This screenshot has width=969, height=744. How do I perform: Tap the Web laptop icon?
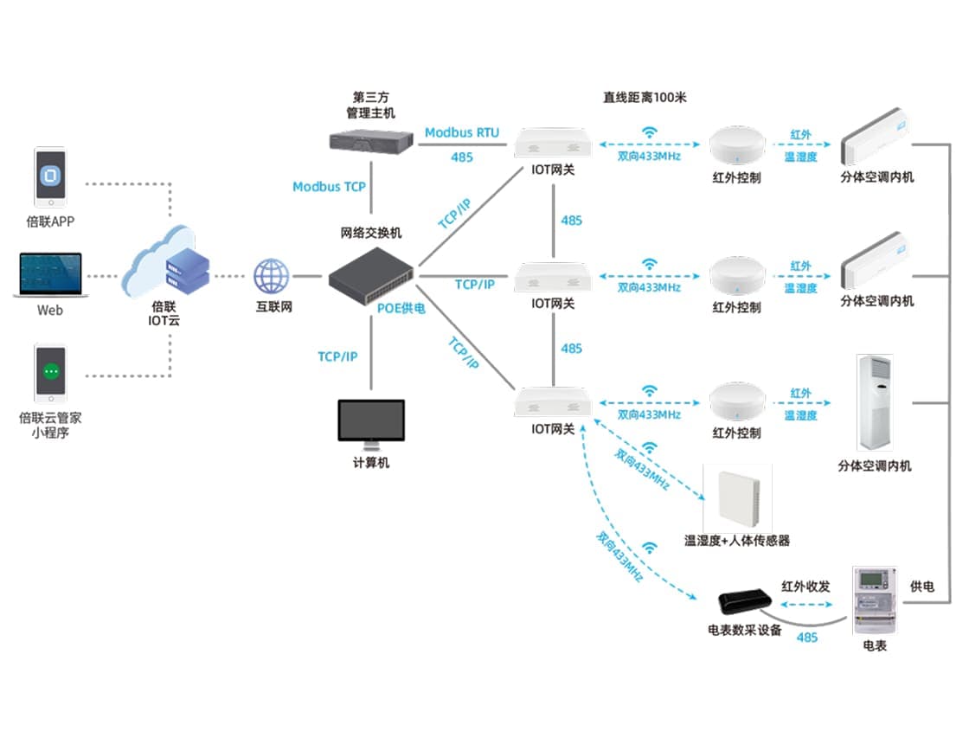pos(49,275)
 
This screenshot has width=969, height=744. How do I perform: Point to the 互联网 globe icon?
pos(271,277)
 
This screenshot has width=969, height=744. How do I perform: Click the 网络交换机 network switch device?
pos(370,270)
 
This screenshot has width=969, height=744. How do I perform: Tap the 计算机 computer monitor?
pos(371,423)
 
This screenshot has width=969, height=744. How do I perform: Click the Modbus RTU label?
pos(462,132)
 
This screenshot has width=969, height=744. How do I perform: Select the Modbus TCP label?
pos(329,187)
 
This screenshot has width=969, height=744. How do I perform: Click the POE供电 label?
pos(401,307)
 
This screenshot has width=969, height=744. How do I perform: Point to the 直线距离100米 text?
pos(645,98)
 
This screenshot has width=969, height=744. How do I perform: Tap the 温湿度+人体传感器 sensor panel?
pos(737,497)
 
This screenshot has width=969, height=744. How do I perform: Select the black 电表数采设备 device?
pos(745,600)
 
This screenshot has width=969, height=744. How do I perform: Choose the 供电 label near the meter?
pos(922,587)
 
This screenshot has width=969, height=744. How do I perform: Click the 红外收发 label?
pos(805,587)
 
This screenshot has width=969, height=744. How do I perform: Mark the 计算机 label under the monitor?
pos(371,463)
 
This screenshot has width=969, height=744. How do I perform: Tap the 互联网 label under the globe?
pos(272,306)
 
